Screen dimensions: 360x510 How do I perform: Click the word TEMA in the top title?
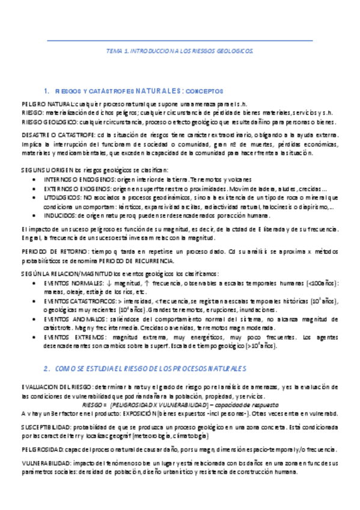(x=114, y=52)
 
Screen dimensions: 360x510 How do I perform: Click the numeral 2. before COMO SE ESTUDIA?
(x=47, y=367)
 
